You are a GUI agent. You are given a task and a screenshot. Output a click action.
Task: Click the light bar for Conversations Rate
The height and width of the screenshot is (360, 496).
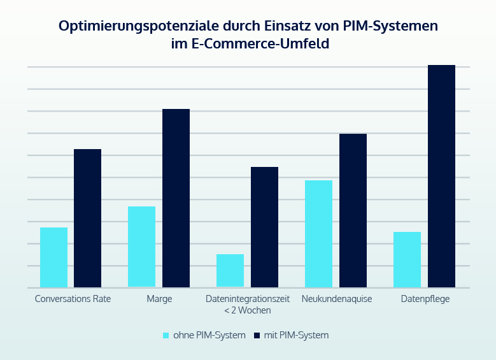pos(53,257)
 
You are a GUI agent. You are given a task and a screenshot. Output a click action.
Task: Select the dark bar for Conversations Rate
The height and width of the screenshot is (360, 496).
pos(88,218)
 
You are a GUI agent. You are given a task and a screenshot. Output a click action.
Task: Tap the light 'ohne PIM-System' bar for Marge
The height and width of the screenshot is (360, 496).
pos(142,247)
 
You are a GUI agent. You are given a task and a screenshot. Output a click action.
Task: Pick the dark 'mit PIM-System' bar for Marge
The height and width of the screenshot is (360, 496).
pos(176,198)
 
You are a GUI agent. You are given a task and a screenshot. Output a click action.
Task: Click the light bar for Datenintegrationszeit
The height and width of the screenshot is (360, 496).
pos(230,271)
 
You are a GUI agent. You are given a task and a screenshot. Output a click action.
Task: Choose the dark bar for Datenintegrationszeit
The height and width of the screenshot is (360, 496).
pos(264,227)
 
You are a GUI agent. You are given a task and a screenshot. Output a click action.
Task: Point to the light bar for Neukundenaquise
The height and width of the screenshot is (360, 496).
pos(318,234)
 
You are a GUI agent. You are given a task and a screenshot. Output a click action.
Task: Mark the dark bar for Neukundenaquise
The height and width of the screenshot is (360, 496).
pos(353,210)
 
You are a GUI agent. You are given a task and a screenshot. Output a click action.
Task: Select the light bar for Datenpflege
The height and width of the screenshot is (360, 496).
pos(407,259)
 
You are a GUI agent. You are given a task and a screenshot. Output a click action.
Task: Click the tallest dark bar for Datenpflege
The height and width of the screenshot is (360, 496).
pos(441,176)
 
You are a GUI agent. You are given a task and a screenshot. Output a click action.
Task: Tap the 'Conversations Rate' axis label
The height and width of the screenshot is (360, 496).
pos(73,299)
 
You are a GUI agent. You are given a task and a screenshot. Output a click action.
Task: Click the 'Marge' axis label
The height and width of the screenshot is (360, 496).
pos(159,299)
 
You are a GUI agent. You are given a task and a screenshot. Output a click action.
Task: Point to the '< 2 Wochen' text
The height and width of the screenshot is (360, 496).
pos(248,310)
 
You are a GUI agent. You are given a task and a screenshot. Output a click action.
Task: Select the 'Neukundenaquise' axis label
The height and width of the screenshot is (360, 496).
pos(337,299)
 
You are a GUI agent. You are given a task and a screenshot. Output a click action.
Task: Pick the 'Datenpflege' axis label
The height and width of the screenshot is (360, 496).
pos(425,299)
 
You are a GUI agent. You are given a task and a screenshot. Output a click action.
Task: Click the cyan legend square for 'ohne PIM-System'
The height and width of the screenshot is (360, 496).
pos(167,335)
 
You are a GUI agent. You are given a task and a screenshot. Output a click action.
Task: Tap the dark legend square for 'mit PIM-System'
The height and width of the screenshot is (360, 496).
pos(257,335)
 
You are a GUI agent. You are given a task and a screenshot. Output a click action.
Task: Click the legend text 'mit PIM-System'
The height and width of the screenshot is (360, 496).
pos(296,335)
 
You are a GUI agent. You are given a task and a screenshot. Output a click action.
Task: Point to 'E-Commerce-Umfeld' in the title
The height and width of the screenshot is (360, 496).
pos(264,45)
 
